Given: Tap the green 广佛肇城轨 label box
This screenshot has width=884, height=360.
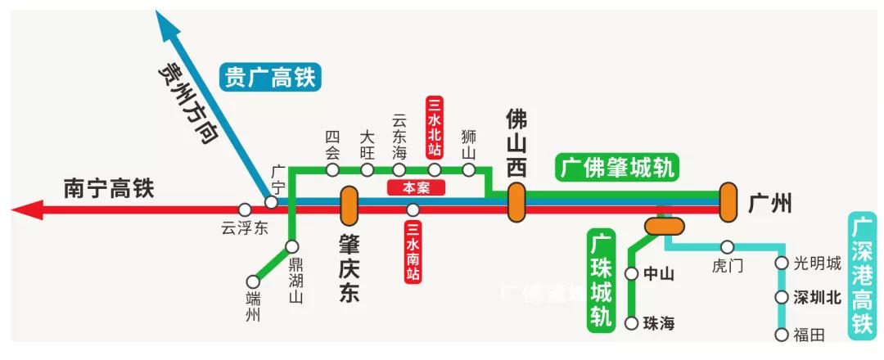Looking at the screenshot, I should click(x=618, y=168).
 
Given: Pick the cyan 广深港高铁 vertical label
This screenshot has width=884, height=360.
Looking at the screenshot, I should click(x=861, y=275).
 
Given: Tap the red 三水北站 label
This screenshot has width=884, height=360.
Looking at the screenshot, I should click(x=435, y=128).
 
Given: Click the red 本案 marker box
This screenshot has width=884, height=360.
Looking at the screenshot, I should click(x=417, y=187).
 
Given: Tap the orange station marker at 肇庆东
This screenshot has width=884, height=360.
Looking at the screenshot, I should click(x=350, y=205).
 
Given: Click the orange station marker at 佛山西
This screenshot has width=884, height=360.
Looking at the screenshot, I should click(x=516, y=202).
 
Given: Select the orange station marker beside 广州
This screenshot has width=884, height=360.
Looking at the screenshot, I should click(x=728, y=202).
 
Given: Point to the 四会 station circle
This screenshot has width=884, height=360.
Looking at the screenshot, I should click(x=332, y=170).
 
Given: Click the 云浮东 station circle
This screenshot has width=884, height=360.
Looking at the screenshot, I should click(x=244, y=210).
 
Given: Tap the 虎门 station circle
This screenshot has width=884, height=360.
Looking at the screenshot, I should click(x=727, y=246).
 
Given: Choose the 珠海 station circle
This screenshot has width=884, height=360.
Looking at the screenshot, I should click(x=631, y=323).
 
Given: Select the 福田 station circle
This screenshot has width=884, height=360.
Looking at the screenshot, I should click(x=781, y=334).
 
